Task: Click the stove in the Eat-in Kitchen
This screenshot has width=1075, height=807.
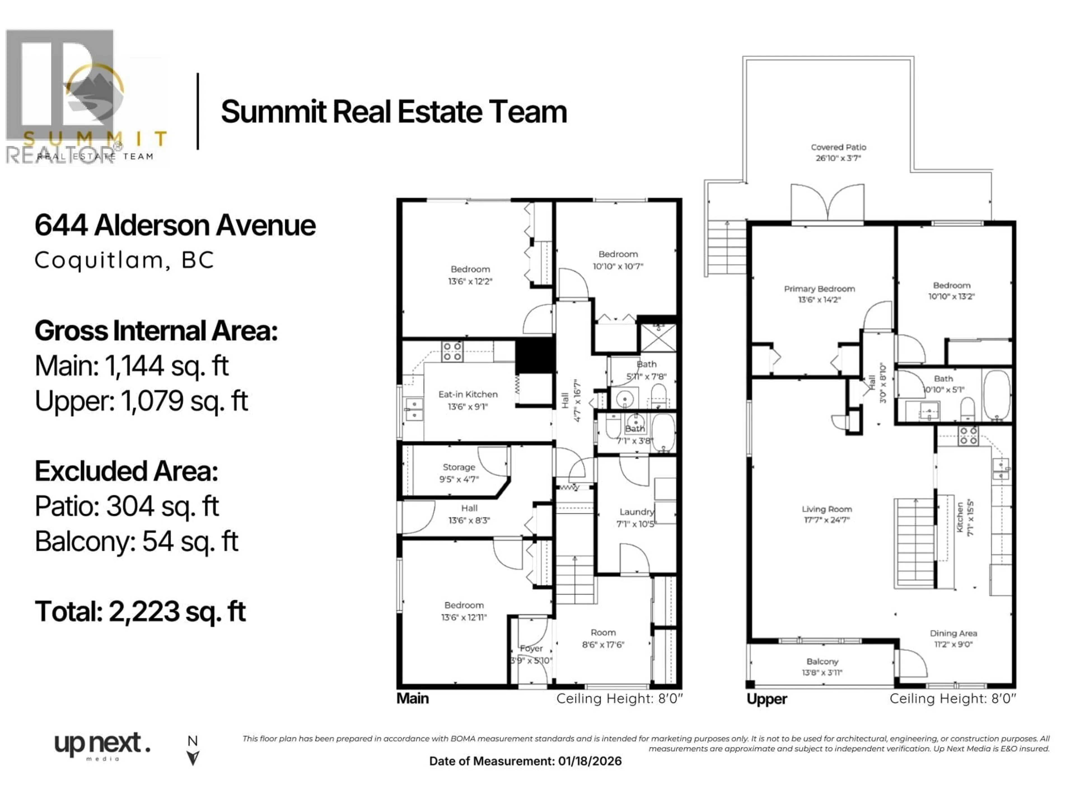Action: click(x=452, y=351)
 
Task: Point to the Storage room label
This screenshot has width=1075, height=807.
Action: click(x=459, y=467)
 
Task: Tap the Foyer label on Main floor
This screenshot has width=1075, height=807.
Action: click(x=531, y=648)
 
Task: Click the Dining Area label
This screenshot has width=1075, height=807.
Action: click(x=953, y=633)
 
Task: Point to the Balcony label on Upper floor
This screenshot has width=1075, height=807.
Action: click(x=822, y=662)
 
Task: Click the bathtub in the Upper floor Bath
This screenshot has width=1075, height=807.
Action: click(x=997, y=395)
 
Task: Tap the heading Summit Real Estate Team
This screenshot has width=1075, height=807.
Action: click(x=394, y=112)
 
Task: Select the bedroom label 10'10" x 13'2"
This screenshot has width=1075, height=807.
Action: click(x=951, y=297)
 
